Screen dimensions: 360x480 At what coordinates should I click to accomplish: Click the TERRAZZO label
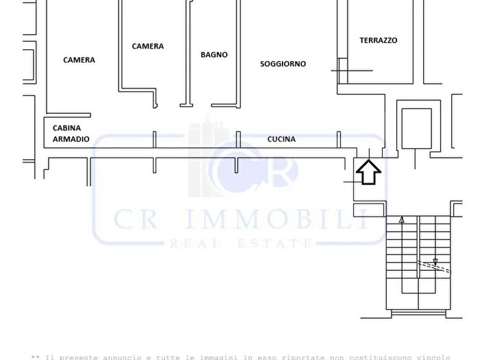pyautogui.click(x=378, y=40)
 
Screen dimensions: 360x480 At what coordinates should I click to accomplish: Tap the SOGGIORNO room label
pyautogui.click(x=283, y=64)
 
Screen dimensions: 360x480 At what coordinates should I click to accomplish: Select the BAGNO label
pyautogui.click(x=214, y=55)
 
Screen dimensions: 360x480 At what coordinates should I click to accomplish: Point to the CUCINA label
pyautogui.click(x=281, y=139)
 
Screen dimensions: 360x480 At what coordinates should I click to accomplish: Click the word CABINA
pyautogui.click(x=67, y=128)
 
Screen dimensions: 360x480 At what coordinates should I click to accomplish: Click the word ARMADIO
pyautogui.click(x=71, y=139)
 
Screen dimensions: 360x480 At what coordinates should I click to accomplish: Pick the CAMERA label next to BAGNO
pyautogui.click(x=147, y=47)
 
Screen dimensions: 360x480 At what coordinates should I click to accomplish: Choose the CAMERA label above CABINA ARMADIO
pyautogui.click(x=79, y=60)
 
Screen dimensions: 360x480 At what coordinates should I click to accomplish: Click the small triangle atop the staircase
pyautogui.click(x=402, y=221)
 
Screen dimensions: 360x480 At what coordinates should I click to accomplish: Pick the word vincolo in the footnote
pyautogui.click(x=433, y=357)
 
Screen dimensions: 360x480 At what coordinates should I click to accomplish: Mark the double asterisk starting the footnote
pyautogui.click(x=35, y=357)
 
